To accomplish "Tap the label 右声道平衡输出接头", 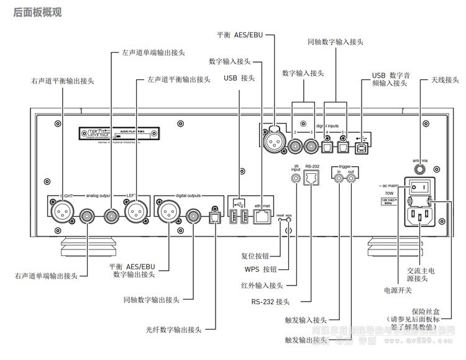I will [x=63, y=80].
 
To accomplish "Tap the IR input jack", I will [x=296, y=179].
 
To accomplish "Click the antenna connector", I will [x=421, y=167].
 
